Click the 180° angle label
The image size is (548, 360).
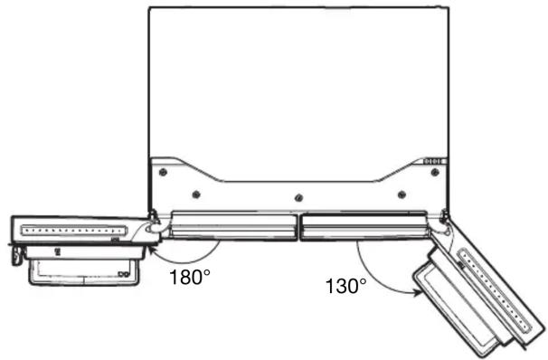(190, 277)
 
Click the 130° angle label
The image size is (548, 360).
(346, 286)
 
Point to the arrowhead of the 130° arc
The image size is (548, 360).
(418, 292)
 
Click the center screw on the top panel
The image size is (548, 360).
(298, 198)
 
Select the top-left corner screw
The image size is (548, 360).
(163, 172)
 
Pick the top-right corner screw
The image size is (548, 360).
(435, 172)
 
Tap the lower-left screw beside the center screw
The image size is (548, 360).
(196, 194)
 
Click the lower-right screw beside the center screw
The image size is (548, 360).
(402, 194)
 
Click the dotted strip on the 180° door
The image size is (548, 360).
(74, 231)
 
